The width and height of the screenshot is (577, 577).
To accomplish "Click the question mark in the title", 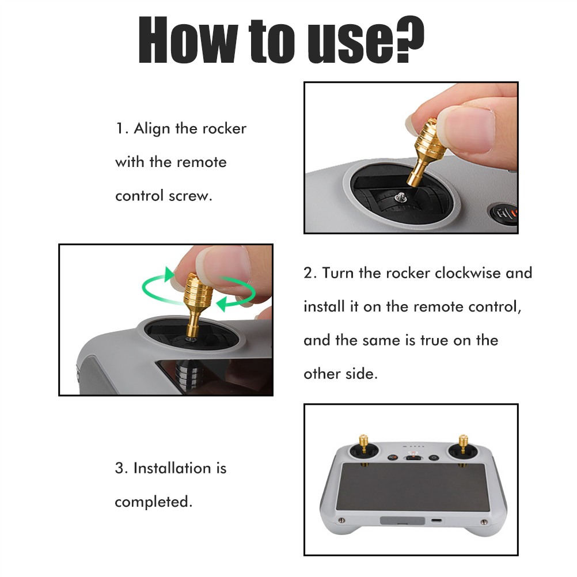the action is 409,39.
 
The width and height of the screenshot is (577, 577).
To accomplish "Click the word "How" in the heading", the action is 188,39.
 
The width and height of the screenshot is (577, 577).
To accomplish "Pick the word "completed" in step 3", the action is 151,502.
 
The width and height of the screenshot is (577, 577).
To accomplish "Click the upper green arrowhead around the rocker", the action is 169,274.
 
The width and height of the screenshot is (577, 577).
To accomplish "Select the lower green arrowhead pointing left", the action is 222,304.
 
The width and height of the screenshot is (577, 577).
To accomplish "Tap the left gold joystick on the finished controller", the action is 363,443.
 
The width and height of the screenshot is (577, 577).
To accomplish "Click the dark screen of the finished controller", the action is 413,487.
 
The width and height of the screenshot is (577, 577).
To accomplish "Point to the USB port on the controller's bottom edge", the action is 437,521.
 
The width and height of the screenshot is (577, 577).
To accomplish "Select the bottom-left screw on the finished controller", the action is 341,521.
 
